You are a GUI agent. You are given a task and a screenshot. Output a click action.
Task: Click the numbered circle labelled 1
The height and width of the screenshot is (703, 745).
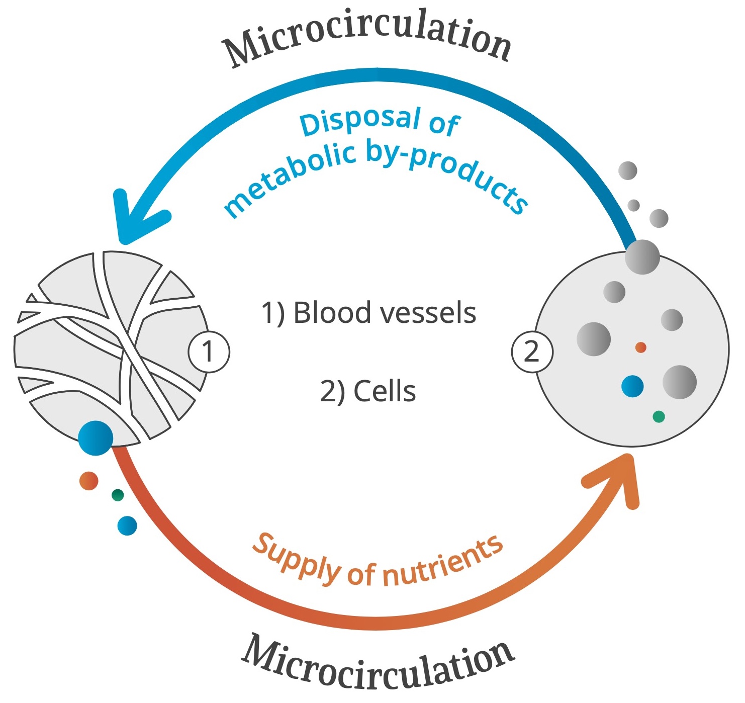[209, 351]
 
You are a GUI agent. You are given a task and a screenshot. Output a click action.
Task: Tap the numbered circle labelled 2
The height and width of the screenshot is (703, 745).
[532, 351]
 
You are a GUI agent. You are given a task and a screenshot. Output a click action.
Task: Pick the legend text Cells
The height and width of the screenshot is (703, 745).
[385, 391]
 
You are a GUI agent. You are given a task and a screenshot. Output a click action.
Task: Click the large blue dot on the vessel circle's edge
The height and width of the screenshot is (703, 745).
[96, 438]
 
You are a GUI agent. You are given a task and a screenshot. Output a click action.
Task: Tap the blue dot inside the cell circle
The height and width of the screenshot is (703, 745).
[632, 386]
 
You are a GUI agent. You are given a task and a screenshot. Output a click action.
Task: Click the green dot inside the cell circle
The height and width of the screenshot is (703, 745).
[659, 416]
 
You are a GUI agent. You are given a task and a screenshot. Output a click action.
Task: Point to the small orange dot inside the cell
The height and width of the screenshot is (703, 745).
[640, 347]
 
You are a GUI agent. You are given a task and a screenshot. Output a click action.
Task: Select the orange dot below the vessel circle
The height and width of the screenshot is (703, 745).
[89, 481]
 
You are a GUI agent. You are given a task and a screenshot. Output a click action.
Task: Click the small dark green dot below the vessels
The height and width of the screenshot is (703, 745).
[118, 495]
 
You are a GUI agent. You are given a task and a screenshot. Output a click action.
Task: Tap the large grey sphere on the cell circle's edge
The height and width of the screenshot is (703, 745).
[642, 257]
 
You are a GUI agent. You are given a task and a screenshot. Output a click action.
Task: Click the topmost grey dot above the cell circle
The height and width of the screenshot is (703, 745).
[627, 171]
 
